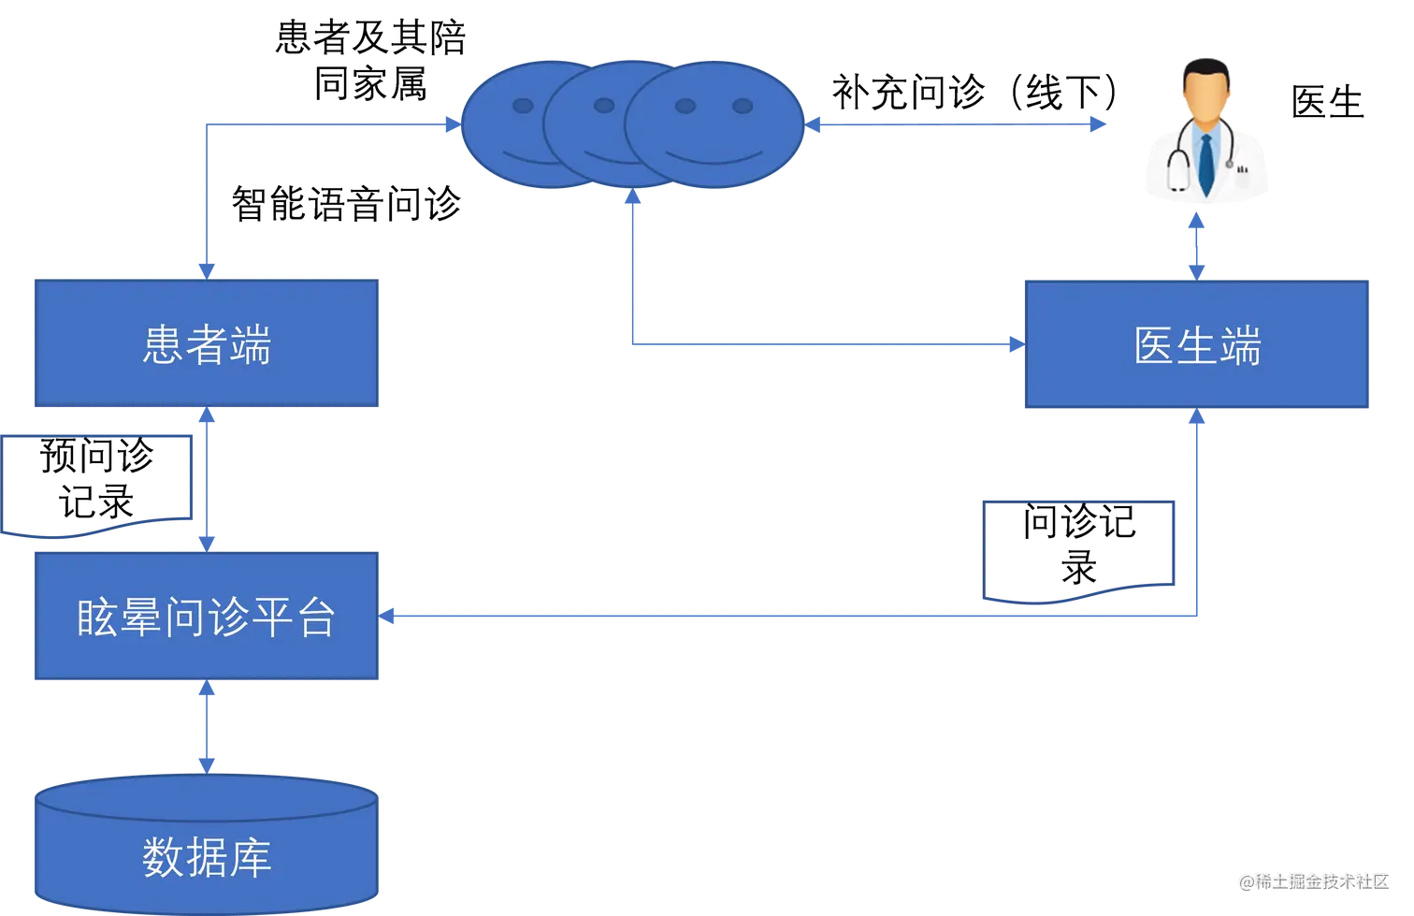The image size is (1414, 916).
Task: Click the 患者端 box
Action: pyautogui.click(x=206, y=344)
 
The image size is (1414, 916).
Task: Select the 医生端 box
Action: pyautogui.click(x=1197, y=344)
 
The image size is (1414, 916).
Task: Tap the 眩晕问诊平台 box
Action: pyautogui.click(x=206, y=617)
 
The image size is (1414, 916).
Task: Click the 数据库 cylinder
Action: pyautogui.click(x=206, y=847)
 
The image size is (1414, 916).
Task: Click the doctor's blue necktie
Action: pyautogui.click(x=1206, y=164)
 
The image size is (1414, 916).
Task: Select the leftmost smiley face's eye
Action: pyautogui.click(x=523, y=106)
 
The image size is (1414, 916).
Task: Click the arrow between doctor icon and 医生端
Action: pyautogui.click(x=1197, y=248)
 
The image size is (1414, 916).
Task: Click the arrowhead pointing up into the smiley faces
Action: pyautogui.click(x=633, y=199)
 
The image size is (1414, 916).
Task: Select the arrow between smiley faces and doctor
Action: pyautogui.click(x=954, y=123)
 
